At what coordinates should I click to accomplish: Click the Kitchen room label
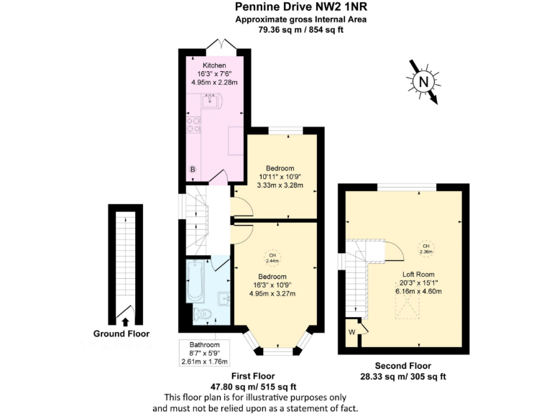click(x=214, y=65)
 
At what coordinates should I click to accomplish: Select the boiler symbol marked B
click(x=192, y=170)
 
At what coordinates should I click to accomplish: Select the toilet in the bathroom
click(x=204, y=313)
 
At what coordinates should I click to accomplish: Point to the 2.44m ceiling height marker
click(x=272, y=259)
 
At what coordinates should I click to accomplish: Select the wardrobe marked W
click(x=352, y=331)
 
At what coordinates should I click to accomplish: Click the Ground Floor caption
click(x=121, y=333)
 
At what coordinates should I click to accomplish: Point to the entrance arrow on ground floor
click(x=126, y=321)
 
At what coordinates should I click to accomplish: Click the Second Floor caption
click(x=402, y=364)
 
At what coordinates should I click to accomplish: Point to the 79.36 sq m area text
click(x=276, y=30)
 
